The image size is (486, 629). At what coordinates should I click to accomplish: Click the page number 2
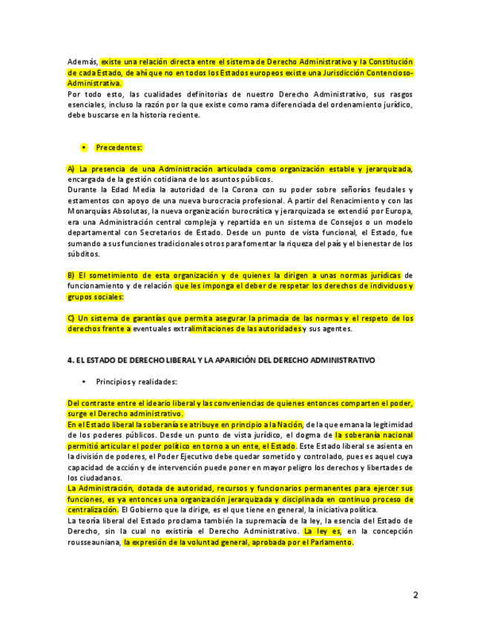[416, 595]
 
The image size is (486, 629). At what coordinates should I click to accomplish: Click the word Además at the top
[82, 62]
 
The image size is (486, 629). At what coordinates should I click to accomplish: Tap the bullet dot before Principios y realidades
[84, 381]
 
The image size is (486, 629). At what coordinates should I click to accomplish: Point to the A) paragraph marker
[71, 169]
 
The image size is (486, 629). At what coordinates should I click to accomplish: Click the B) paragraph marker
[71, 275]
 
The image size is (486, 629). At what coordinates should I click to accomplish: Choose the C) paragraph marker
[71, 318]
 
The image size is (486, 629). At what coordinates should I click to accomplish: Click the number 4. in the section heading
[70, 360]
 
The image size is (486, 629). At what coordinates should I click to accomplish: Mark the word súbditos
[82, 254]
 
